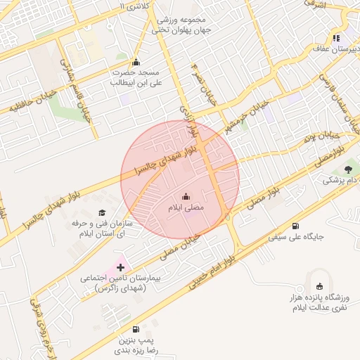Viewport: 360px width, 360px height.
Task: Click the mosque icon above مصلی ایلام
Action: (186, 196)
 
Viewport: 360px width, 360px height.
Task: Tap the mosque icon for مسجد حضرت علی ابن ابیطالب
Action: (136, 61)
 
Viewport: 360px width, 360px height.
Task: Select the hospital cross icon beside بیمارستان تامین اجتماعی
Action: (120, 267)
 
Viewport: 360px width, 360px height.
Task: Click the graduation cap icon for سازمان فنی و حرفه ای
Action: (101, 212)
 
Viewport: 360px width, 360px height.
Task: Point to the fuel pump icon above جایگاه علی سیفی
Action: (295, 226)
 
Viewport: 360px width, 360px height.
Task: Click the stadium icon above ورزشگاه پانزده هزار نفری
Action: (320, 286)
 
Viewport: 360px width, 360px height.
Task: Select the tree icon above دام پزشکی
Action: (348, 169)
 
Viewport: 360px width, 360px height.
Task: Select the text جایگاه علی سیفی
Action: (296, 238)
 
